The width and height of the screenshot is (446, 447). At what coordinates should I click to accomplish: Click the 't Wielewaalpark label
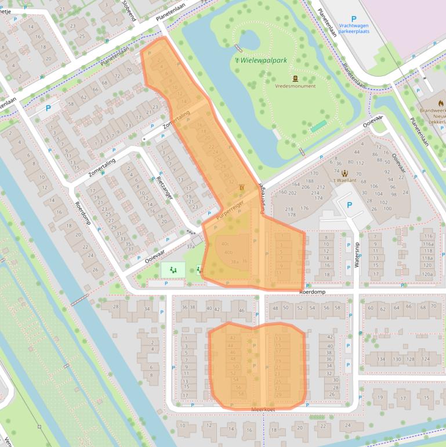tap(261, 60)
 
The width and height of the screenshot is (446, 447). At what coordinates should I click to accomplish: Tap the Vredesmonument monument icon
tap(295, 78)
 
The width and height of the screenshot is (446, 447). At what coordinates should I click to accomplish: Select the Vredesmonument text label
tap(296, 86)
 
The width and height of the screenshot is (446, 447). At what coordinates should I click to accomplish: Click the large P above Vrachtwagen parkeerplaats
tap(353, 19)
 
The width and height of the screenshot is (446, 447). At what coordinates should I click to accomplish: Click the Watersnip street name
tap(357, 254)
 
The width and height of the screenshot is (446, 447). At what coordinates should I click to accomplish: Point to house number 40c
tap(225, 244)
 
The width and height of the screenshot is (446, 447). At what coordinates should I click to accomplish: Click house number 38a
tap(234, 262)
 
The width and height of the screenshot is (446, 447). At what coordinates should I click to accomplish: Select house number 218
tap(289, 208)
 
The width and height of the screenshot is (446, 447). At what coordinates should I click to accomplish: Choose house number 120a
tap(428, 273)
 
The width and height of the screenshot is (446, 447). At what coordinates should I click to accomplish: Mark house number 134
tap(382, 359)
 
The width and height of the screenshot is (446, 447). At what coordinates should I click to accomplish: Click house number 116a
tap(428, 236)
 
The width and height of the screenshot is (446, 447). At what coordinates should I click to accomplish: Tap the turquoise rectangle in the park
tap(318, 127)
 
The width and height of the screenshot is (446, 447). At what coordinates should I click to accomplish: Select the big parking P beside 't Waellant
tap(349, 205)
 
